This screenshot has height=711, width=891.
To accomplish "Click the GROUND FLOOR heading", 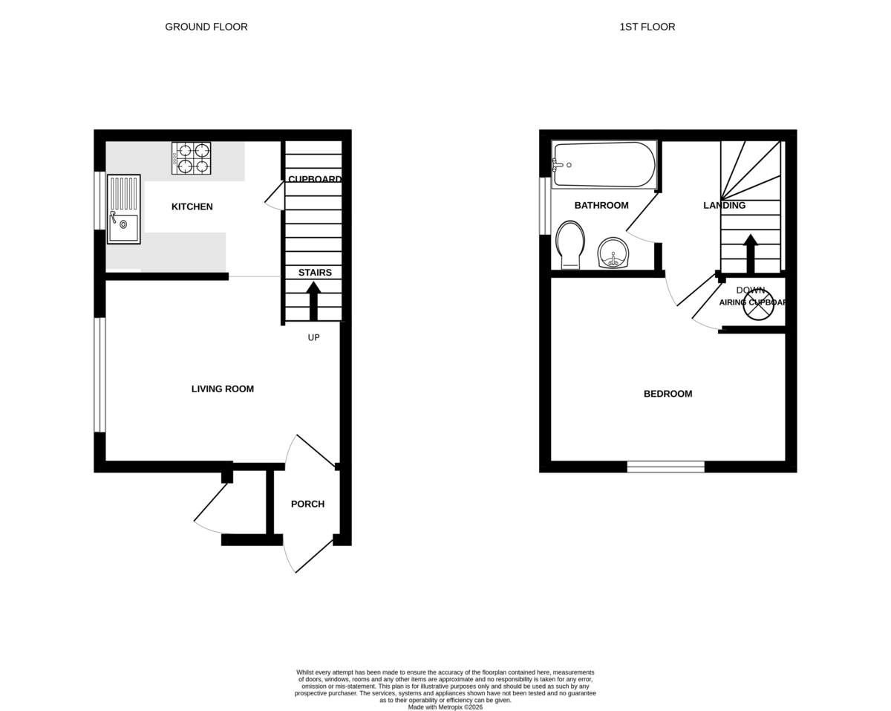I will pos(206,27).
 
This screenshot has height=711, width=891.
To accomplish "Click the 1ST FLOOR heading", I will pos(647,27).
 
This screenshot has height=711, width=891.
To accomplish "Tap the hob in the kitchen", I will pos(192,158).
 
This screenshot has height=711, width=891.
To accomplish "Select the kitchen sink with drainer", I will pos(123,210).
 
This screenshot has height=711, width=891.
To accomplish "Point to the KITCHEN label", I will pos(192,207).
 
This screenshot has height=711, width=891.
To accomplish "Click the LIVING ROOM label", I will pos(223,389).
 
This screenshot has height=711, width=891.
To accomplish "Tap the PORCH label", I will pos(307,504).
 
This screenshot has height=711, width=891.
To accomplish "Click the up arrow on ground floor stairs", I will pos(313,300).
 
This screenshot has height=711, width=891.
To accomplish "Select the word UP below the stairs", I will pos(314,337).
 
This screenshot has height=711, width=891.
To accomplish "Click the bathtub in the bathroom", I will pos(604,164).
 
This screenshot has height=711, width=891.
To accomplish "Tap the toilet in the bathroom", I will pos(570,244).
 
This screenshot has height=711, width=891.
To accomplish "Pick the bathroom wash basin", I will pos(613,253).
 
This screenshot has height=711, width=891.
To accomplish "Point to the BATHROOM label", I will pos(601,205).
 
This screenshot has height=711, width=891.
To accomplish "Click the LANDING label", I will pos(725,205).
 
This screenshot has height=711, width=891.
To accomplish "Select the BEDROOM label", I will pos(668,394).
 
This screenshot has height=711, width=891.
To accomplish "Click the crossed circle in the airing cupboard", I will pos(758,305).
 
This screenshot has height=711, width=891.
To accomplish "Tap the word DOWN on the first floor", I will pos(751,290).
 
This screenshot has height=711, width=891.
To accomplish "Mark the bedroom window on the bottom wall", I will pos(665,467).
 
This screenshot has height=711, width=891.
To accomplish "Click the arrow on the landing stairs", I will pos(751,253).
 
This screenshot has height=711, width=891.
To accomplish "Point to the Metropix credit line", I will pos(446,707).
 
